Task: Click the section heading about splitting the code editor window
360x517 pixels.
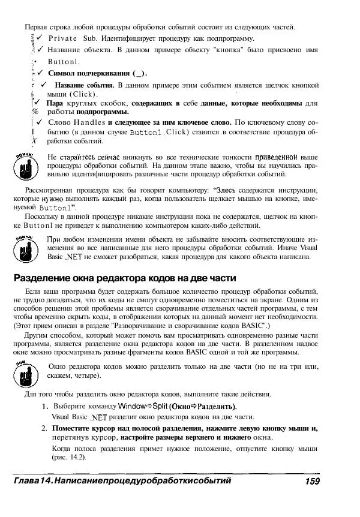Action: [x=125, y=278]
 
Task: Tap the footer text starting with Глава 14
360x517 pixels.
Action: [x=122, y=481]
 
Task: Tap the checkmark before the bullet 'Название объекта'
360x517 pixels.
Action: [x=39, y=49]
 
